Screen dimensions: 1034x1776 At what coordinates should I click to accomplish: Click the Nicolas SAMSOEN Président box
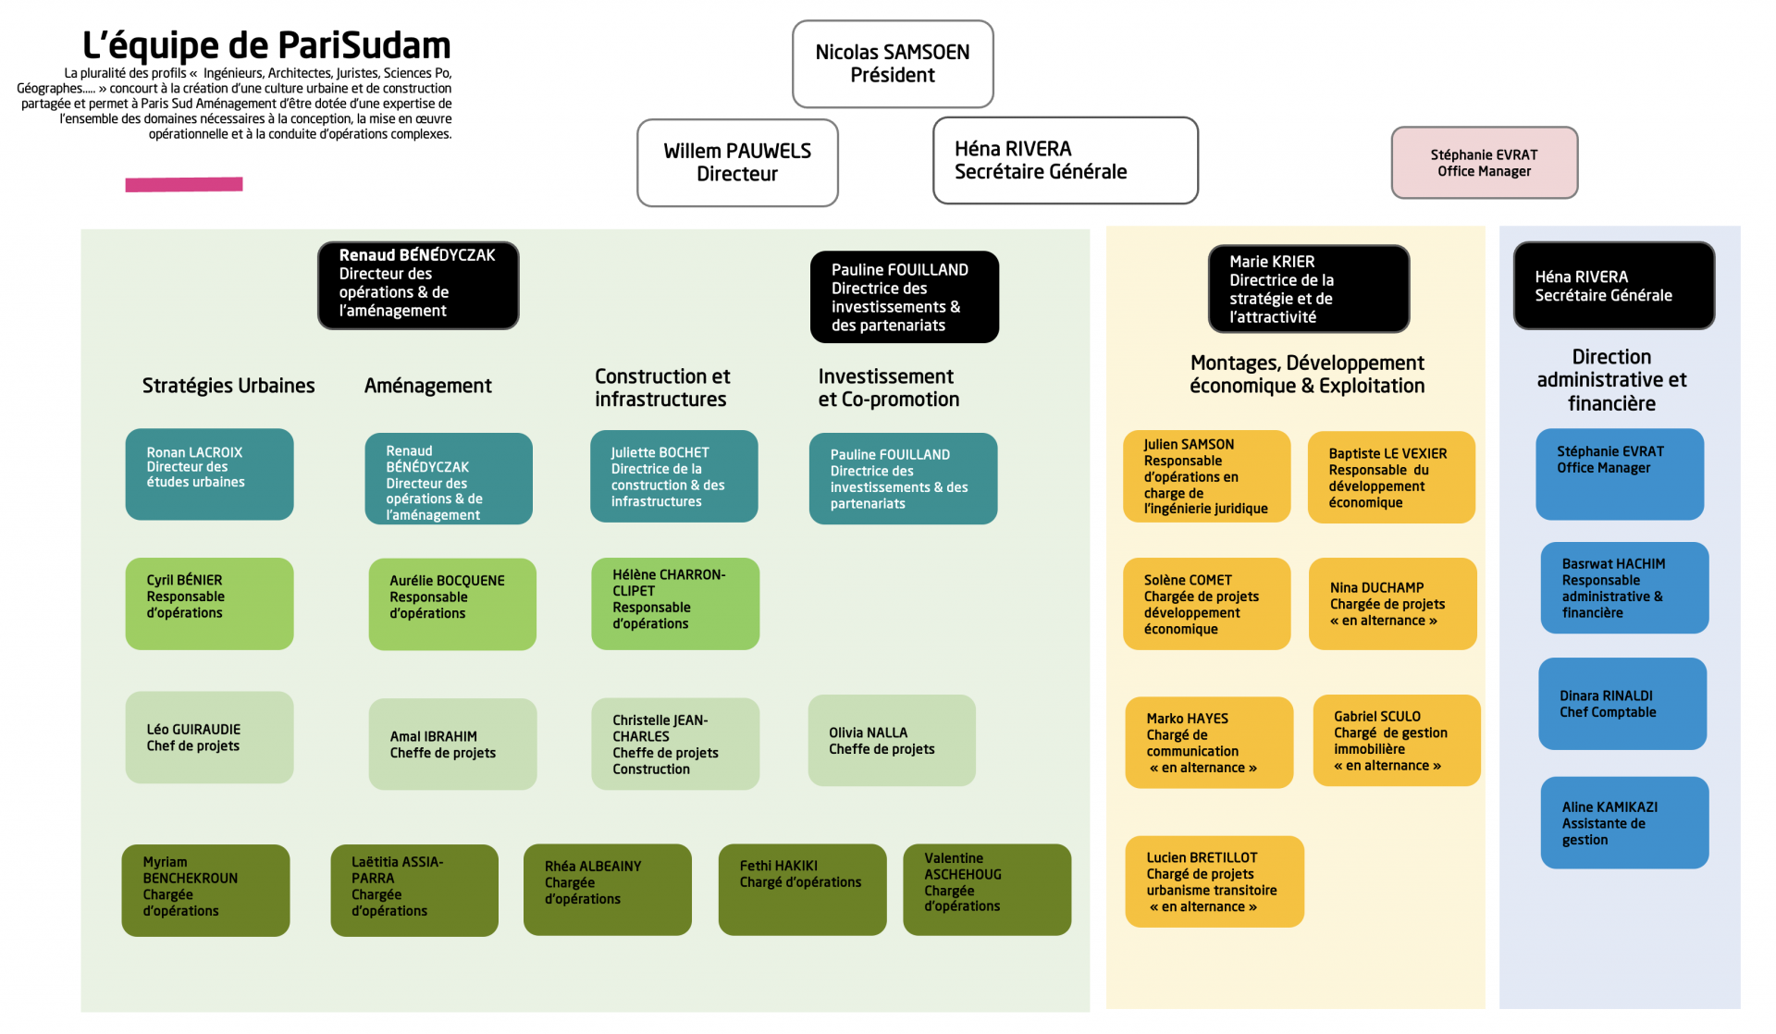[x=893, y=64]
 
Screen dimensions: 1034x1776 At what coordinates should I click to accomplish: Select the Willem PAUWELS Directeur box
[x=737, y=163]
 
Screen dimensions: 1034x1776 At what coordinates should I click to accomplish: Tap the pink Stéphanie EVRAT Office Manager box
[x=1484, y=163]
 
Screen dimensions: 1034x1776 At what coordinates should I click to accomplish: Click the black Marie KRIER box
[x=1308, y=289]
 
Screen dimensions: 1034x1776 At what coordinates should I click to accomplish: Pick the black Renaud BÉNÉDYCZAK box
[x=418, y=285]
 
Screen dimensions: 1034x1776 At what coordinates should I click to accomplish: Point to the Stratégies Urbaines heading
[x=228, y=386]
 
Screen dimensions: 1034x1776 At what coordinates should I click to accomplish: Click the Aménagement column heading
[x=428, y=386]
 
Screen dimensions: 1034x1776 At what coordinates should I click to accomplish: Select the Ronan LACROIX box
[x=209, y=474]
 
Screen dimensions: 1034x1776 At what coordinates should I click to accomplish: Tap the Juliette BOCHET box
[x=673, y=476]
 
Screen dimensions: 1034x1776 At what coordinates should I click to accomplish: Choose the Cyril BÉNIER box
[x=209, y=603]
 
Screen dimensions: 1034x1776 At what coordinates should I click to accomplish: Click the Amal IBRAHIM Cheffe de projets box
[x=452, y=744]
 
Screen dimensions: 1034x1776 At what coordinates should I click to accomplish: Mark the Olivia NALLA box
[x=892, y=740]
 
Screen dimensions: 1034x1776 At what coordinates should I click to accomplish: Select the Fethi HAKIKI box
[x=802, y=889]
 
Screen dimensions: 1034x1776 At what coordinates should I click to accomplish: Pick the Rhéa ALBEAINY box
[x=607, y=889]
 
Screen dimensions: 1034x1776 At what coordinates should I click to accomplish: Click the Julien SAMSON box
[x=1206, y=476]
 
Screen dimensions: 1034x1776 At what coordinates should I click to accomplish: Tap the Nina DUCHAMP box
[x=1392, y=603]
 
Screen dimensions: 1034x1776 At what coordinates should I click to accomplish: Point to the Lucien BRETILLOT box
[x=1214, y=881]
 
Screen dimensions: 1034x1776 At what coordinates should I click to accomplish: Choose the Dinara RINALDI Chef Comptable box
[x=1622, y=704]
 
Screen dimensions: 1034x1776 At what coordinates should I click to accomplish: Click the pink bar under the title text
[x=184, y=185]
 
